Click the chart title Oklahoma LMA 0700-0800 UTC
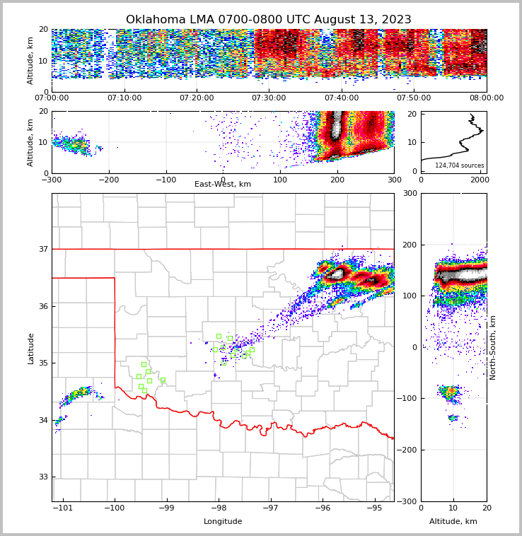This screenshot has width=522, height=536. click(x=268, y=20)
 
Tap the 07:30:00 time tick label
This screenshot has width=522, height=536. click(x=269, y=98)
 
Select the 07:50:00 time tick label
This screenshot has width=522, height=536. click(x=414, y=98)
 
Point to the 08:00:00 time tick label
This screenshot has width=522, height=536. click(x=487, y=98)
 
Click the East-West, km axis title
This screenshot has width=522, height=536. click(x=223, y=185)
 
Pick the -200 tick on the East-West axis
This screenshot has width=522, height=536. click(x=108, y=180)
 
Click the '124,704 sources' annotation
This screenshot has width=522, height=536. click(x=460, y=165)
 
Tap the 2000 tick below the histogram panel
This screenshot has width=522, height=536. click(x=480, y=180)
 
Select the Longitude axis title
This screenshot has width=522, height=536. click(x=223, y=522)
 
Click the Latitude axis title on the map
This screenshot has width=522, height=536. click(x=30, y=348)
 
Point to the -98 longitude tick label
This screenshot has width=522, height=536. click(x=218, y=508)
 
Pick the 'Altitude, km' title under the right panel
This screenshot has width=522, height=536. click(x=453, y=522)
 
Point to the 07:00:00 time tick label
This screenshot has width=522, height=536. click(x=52, y=98)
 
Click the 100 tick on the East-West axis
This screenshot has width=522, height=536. click(x=280, y=180)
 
